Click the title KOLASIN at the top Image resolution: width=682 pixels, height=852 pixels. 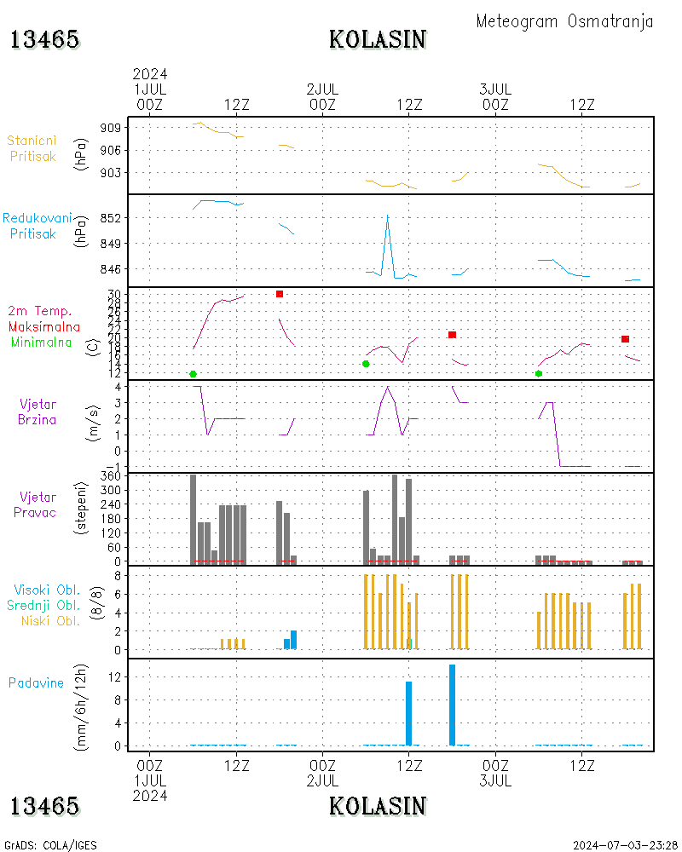click(x=378, y=39)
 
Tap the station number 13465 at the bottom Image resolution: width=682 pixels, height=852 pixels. click(x=45, y=806)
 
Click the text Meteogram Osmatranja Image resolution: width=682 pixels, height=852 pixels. click(x=564, y=21)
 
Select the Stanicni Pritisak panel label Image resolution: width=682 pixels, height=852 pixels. click(x=33, y=148)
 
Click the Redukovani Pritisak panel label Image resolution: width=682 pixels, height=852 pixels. click(x=36, y=226)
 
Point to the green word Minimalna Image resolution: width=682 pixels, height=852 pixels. click(x=42, y=343)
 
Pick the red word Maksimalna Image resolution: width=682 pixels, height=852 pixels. click(x=44, y=327)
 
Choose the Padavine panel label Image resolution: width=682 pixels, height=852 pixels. click(x=36, y=682)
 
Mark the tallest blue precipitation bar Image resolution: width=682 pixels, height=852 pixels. click(x=452, y=705)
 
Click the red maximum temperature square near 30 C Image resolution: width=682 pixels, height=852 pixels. click(x=280, y=294)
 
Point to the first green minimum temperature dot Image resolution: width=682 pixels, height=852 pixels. click(x=194, y=374)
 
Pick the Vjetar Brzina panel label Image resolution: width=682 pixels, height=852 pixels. click(x=38, y=412)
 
